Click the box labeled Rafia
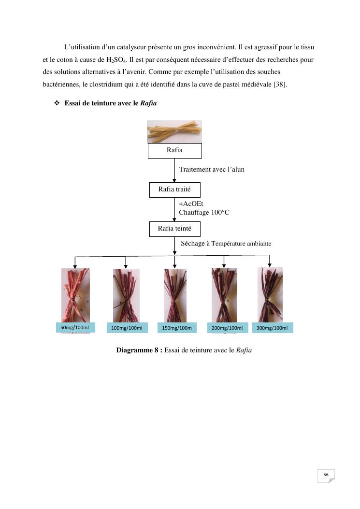174,150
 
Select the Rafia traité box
174,189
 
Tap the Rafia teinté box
174,229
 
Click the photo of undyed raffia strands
174,131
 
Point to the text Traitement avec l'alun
212,169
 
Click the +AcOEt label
191,204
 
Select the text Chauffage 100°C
204,212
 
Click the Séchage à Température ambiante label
226,244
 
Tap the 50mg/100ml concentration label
75,328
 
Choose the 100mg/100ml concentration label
127,328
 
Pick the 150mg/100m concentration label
177,328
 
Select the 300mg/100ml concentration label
272,328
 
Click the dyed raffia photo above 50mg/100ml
75,295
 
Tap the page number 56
326,475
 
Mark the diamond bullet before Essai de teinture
57,103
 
